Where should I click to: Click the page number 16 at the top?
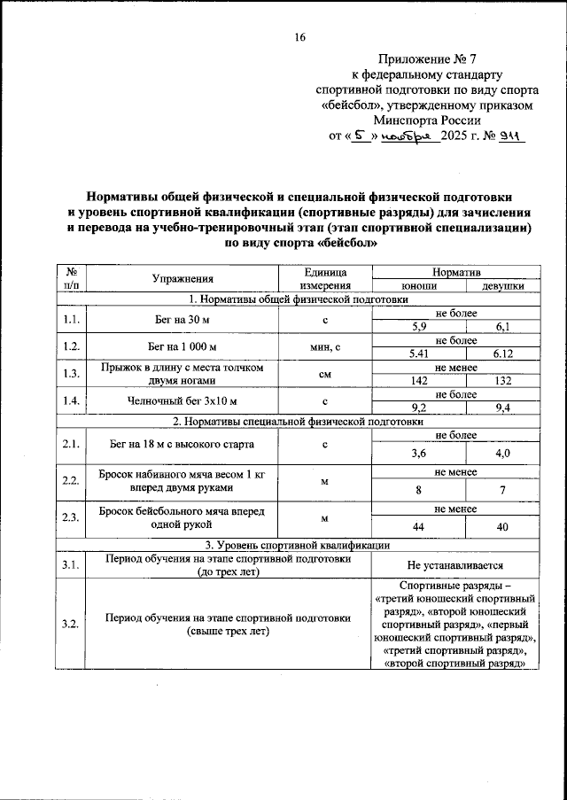[299, 36]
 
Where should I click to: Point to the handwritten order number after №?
[512, 136]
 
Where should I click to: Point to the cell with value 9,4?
[501, 408]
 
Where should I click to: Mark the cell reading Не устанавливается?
[455, 564]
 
